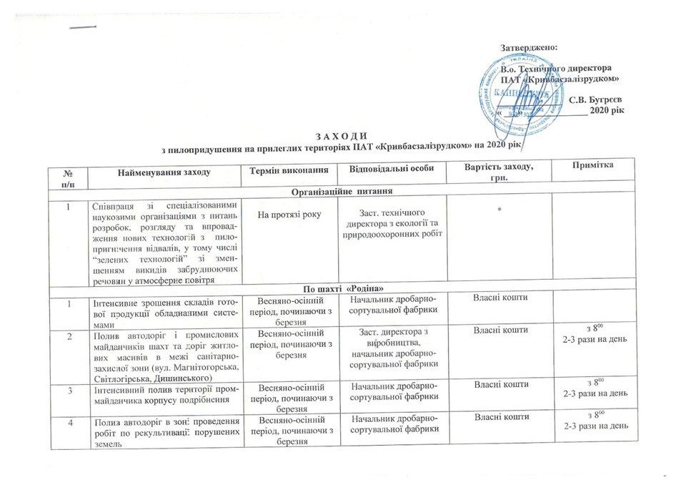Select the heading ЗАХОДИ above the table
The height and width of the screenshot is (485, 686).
pyautogui.click(x=344, y=136)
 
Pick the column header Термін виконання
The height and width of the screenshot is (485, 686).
pyautogui.click(x=293, y=169)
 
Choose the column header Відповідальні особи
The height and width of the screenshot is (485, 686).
pyautogui.click(x=392, y=169)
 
